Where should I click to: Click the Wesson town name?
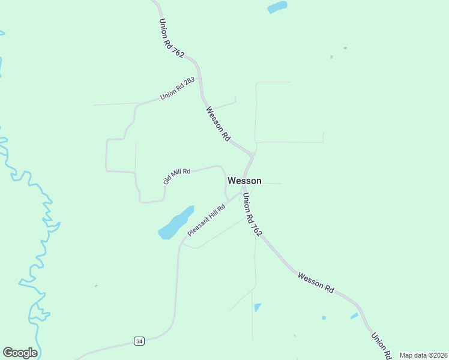coord(244,181)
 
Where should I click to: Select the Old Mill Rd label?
coord(177,175)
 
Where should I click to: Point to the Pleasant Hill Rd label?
coord(206,220)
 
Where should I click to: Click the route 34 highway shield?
coord(139,341)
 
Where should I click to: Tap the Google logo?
coord(20,353)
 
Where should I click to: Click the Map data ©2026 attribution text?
coord(423,355)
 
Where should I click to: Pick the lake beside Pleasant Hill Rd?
coord(175,223)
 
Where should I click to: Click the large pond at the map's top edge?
coord(277,7)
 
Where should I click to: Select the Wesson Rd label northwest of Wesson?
coord(218,124)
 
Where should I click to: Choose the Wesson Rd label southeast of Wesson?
coord(316,282)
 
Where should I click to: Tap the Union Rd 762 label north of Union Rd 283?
coord(172,38)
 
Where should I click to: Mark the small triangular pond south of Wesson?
coord(258,307)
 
